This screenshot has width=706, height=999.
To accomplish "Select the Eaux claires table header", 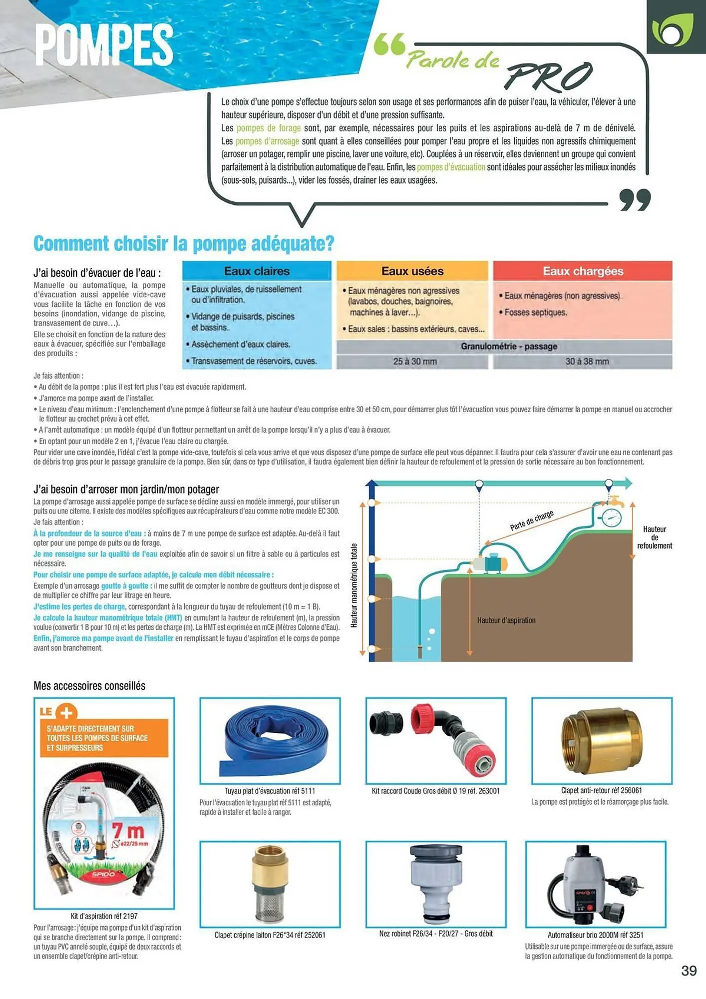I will [x=257, y=271].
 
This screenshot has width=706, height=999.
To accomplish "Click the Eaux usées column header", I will [x=412, y=271].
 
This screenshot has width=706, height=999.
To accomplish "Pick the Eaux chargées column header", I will [x=583, y=271].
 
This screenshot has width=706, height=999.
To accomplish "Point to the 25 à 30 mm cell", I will [x=414, y=362].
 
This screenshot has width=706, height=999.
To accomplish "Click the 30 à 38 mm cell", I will [x=587, y=362].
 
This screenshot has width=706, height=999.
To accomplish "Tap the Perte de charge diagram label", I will [x=531, y=520].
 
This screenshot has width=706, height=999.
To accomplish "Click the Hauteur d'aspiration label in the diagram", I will [x=506, y=620].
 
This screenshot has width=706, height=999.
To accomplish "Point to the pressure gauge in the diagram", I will [x=611, y=517].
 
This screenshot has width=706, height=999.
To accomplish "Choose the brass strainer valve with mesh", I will [x=270, y=883].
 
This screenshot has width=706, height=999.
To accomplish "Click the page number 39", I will [x=689, y=971].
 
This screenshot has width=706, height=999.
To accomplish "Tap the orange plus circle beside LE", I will [x=66, y=712].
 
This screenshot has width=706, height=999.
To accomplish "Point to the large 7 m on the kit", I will [x=128, y=831].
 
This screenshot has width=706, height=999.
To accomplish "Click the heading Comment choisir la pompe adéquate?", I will [x=183, y=244].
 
